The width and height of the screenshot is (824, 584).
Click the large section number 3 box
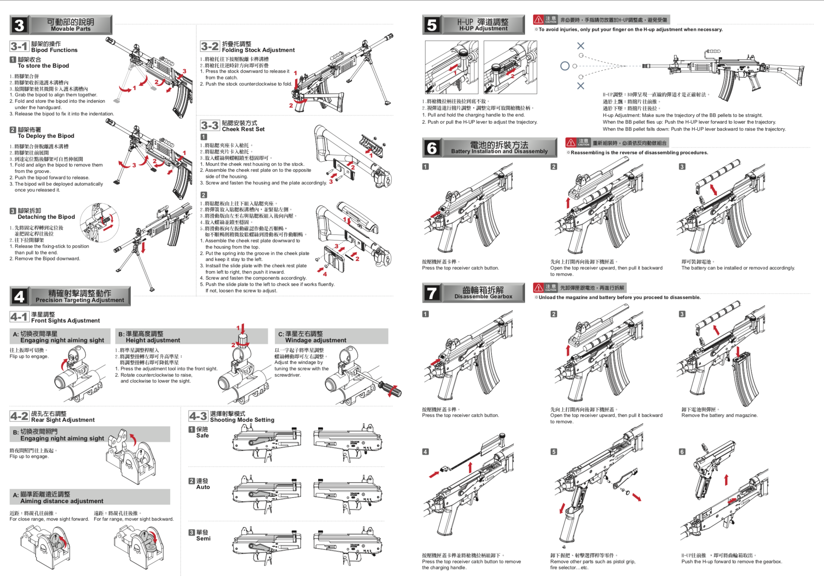19,25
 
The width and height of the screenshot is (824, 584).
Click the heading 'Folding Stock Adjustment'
258,50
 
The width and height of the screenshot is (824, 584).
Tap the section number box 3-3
210,125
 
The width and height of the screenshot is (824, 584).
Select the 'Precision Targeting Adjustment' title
80,300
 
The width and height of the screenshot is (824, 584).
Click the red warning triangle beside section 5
538,19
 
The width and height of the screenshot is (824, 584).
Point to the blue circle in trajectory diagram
565,66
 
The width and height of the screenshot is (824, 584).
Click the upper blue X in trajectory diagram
580,46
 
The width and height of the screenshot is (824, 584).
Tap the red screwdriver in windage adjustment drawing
391,388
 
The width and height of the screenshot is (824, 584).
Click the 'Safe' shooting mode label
202,435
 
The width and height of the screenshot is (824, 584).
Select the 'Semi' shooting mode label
203,538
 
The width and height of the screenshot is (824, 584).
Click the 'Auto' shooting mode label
203,487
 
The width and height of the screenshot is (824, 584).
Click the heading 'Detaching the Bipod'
46,217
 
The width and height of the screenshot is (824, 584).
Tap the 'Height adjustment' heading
153,340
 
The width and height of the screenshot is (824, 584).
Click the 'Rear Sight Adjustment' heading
63,420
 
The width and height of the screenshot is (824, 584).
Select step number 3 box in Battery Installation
682,166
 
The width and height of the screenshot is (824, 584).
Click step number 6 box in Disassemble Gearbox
682,452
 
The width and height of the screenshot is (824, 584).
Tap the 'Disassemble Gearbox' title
483,296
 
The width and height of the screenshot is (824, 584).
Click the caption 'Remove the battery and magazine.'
719,415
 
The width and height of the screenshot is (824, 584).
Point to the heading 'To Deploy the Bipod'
46,136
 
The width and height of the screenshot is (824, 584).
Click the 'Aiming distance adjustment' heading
62,501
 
